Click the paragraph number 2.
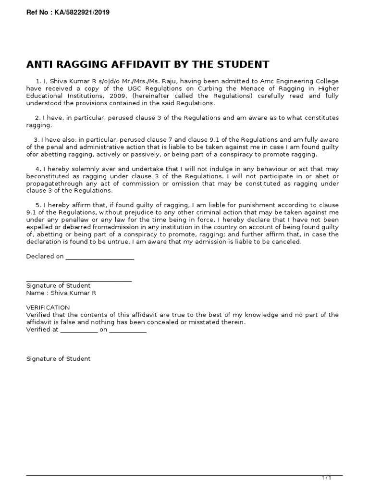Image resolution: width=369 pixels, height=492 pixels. coord(37,118)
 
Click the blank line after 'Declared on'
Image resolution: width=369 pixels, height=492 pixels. coord(99,257)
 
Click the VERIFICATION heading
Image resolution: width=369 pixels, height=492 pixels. coord(48,307)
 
